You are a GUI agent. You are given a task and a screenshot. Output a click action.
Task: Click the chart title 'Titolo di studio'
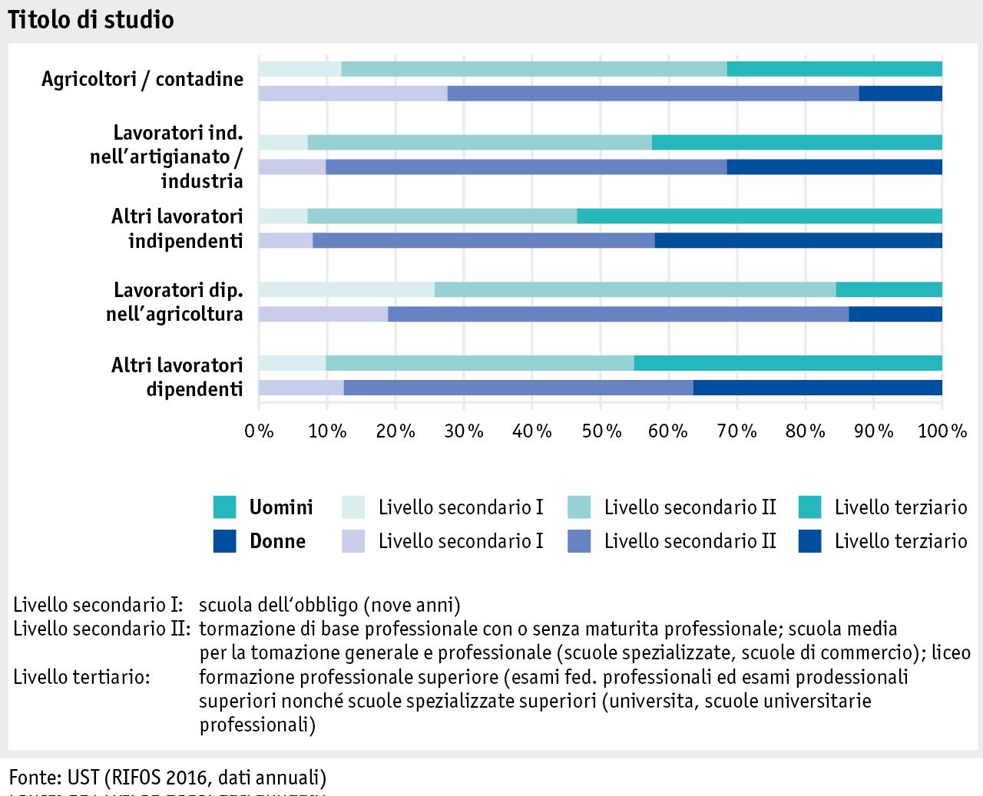pos(91,20)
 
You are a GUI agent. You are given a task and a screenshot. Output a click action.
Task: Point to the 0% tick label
pos(259,431)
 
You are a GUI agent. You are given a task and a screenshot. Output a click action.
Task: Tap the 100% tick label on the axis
pos(942,431)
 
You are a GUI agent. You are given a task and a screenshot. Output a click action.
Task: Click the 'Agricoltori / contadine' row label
pos(142,79)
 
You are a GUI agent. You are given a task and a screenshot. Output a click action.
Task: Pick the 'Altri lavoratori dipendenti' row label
pos(177,377)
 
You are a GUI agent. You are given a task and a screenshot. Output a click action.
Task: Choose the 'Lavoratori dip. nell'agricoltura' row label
pos(174,302)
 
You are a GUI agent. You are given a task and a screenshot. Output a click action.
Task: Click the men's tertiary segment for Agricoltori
pos(834,69)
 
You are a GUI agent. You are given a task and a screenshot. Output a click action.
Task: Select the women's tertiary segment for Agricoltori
pos(900,94)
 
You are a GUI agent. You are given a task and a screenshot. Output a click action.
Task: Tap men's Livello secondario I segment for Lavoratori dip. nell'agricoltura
pos(346,289)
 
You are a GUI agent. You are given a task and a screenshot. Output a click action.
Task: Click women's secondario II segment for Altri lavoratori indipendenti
pos(484,240)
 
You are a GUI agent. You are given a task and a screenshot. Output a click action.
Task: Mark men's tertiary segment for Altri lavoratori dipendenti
pos(788,363)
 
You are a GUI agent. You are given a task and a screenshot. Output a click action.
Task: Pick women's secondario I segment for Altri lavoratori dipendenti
pos(301,388)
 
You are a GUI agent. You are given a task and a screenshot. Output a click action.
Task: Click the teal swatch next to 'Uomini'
pos(225,507)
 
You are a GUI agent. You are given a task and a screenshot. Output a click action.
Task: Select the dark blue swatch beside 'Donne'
pos(225,541)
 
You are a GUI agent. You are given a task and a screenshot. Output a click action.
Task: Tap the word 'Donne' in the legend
pos(277,541)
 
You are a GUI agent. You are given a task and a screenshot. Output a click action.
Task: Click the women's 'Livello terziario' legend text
pos(900,541)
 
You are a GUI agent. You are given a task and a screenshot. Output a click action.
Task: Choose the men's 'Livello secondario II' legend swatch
pos(578,507)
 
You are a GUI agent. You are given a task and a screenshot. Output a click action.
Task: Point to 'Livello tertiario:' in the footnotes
pos(81,677)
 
